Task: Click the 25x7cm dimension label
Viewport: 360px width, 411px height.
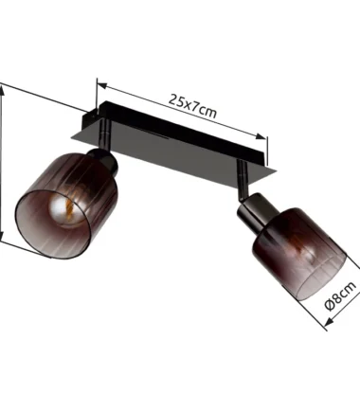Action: (192, 106)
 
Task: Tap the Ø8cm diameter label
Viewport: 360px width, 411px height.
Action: (340, 295)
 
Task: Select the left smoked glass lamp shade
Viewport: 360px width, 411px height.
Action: (66, 206)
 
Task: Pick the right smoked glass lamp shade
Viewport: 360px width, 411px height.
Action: (299, 254)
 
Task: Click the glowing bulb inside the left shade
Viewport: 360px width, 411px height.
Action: (67, 206)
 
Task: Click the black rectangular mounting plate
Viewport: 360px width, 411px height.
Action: (173, 138)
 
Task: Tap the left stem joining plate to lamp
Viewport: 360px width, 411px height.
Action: (104, 134)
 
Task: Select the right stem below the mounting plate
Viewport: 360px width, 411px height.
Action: (243, 179)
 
